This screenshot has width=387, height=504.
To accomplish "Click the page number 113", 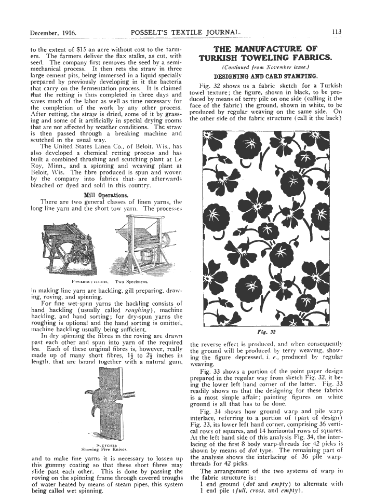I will pyautogui.click(x=336, y=32).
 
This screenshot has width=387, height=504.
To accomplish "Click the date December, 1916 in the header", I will pyautogui.click(x=54, y=32).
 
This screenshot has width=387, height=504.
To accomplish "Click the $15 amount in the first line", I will pyautogui.click(x=85, y=49).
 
